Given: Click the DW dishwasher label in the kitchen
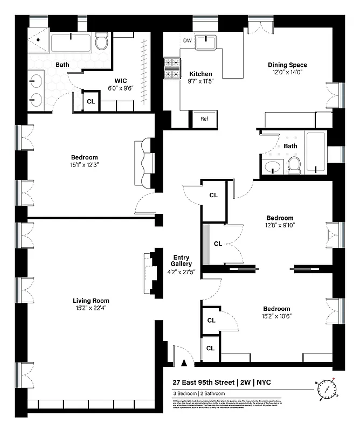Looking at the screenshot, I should pyautogui.click(x=187, y=40).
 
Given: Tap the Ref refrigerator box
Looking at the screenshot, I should pyautogui.click(x=204, y=119).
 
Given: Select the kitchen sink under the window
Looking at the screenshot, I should pyautogui.click(x=206, y=41).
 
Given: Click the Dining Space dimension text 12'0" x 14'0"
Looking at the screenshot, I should pyautogui.click(x=287, y=73).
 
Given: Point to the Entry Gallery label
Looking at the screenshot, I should pyautogui.click(x=180, y=261).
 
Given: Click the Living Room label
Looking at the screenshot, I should pyautogui.click(x=91, y=301).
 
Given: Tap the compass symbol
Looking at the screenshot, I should pyautogui.click(x=326, y=389).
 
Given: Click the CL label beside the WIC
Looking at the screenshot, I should pyautogui.click(x=91, y=101).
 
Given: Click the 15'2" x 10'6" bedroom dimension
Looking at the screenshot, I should pyautogui.click(x=276, y=317).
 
